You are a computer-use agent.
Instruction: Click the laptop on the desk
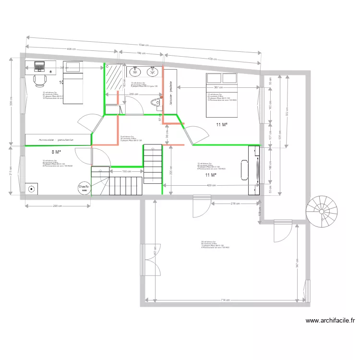pos(38,66)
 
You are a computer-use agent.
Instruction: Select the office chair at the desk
pos(39,79)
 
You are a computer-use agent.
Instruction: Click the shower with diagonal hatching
pos(115,77)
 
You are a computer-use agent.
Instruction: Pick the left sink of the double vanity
pos(135,72)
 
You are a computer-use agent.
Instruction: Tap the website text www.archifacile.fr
pos(330,321)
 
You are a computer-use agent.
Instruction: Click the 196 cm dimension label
pos(141,53)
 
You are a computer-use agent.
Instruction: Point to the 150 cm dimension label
pos(126,171)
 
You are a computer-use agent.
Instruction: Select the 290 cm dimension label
pos(58,206)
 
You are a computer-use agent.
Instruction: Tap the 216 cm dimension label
pos(236,204)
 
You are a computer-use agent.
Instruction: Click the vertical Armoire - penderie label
pos(170,92)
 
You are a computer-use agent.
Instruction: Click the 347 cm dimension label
pos(298,263)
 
